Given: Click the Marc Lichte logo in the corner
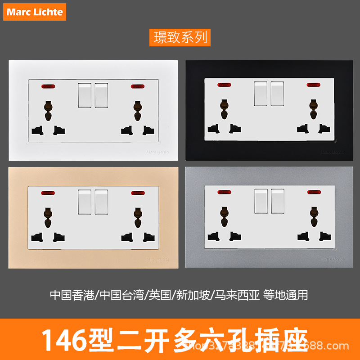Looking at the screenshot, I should pos(35,11).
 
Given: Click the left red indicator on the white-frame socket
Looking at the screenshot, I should pos(46,85).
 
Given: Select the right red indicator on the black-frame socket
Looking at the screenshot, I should pos(312,85).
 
